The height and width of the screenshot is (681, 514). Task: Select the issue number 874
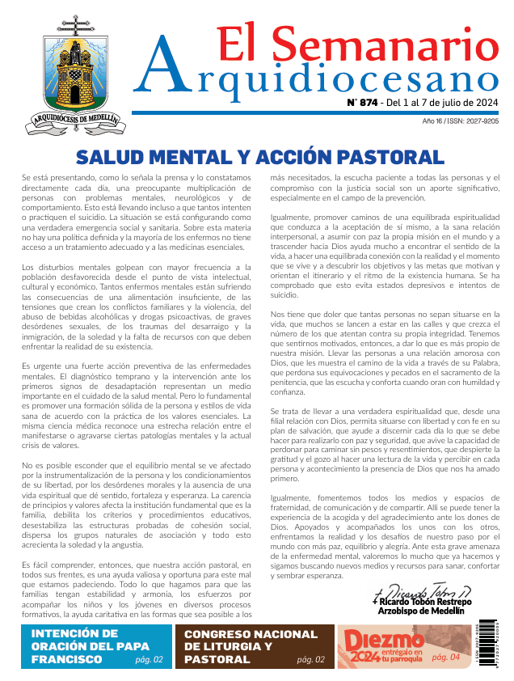coord(364,103)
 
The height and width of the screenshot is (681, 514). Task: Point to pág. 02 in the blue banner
coord(149,660)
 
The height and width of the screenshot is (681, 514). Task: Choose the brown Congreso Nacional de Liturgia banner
coord(252,646)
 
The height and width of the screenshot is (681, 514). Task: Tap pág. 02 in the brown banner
coord(310,660)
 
